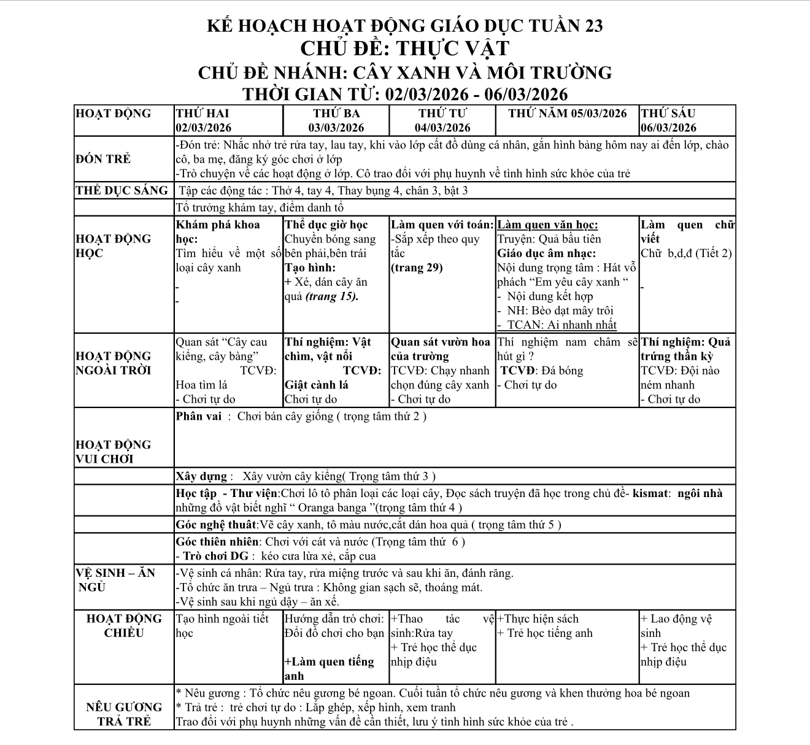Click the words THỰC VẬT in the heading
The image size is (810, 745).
coord(452,48)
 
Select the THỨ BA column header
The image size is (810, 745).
coord(336,114)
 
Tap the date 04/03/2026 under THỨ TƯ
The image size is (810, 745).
coord(442,128)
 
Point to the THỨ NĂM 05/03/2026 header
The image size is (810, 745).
coord(568,114)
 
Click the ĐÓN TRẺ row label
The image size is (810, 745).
coord(103,159)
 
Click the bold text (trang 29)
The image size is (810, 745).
coord(417,268)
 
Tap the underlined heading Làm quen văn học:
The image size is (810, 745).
coord(547,225)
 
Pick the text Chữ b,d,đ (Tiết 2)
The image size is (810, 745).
coord(686,253)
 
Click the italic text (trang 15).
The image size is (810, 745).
coord(331,296)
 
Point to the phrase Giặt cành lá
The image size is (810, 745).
coord(317,385)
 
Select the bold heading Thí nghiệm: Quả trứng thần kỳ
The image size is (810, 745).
coord(686,349)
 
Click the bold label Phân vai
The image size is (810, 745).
coord(198,416)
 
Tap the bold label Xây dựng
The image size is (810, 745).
coord(201,476)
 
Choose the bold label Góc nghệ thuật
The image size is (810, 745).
coord(216,525)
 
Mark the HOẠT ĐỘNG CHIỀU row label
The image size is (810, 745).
coord(124,626)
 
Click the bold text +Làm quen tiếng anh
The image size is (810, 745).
coord(329,669)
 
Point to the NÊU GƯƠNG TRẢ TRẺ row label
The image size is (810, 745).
coord(124,714)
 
